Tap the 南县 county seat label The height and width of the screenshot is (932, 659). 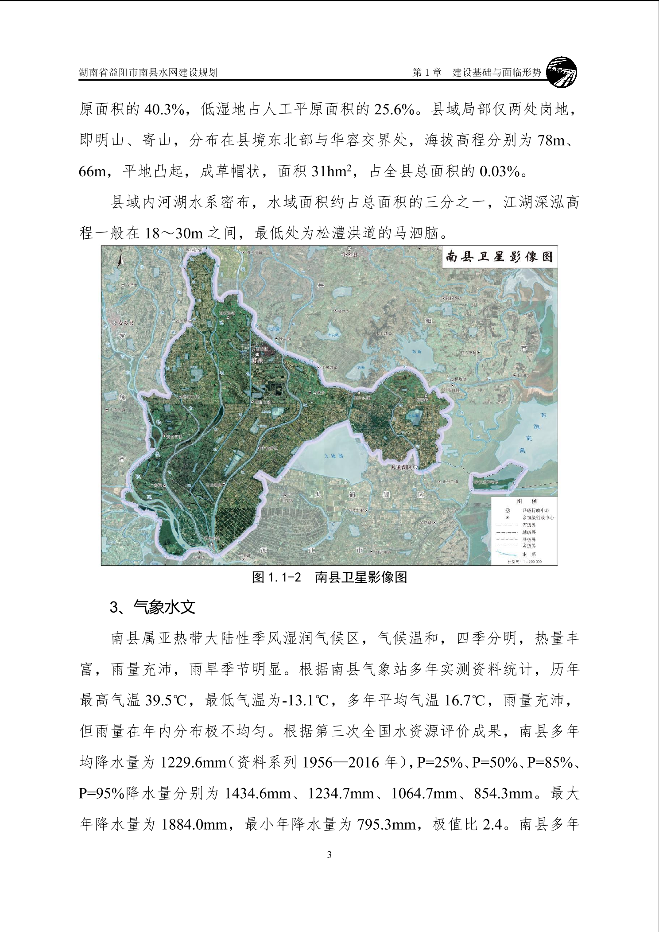(257, 361)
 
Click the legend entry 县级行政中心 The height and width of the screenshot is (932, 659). (536, 510)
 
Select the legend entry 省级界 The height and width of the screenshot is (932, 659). (529, 525)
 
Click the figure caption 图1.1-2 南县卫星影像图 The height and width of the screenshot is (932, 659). (329, 577)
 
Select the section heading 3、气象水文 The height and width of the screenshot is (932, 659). (152, 607)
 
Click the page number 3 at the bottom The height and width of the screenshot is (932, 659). (329, 854)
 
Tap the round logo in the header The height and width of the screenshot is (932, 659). (562, 72)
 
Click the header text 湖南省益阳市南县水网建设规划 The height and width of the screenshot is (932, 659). (148, 73)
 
